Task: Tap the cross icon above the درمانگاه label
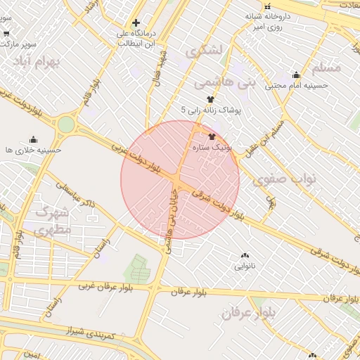click(136, 23)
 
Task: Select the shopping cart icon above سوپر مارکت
click(6, 32)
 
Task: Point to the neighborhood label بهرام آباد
click(37, 62)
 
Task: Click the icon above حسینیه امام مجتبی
click(296, 75)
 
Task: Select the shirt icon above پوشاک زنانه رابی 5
click(209, 99)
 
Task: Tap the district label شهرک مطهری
click(53, 221)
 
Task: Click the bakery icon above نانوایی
click(245, 256)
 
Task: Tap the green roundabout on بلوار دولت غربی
click(66, 125)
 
